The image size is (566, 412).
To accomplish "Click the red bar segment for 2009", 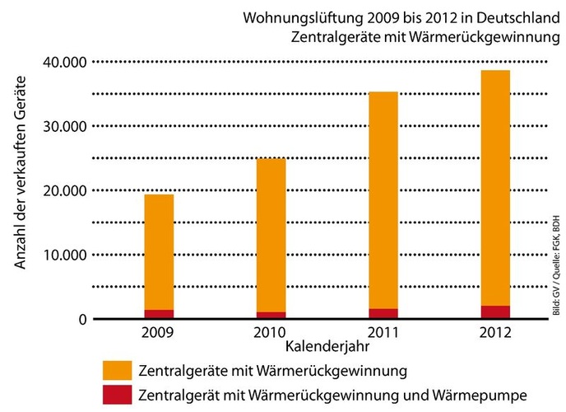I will click(159, 314).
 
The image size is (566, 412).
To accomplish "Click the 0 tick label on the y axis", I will click(82, 319).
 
